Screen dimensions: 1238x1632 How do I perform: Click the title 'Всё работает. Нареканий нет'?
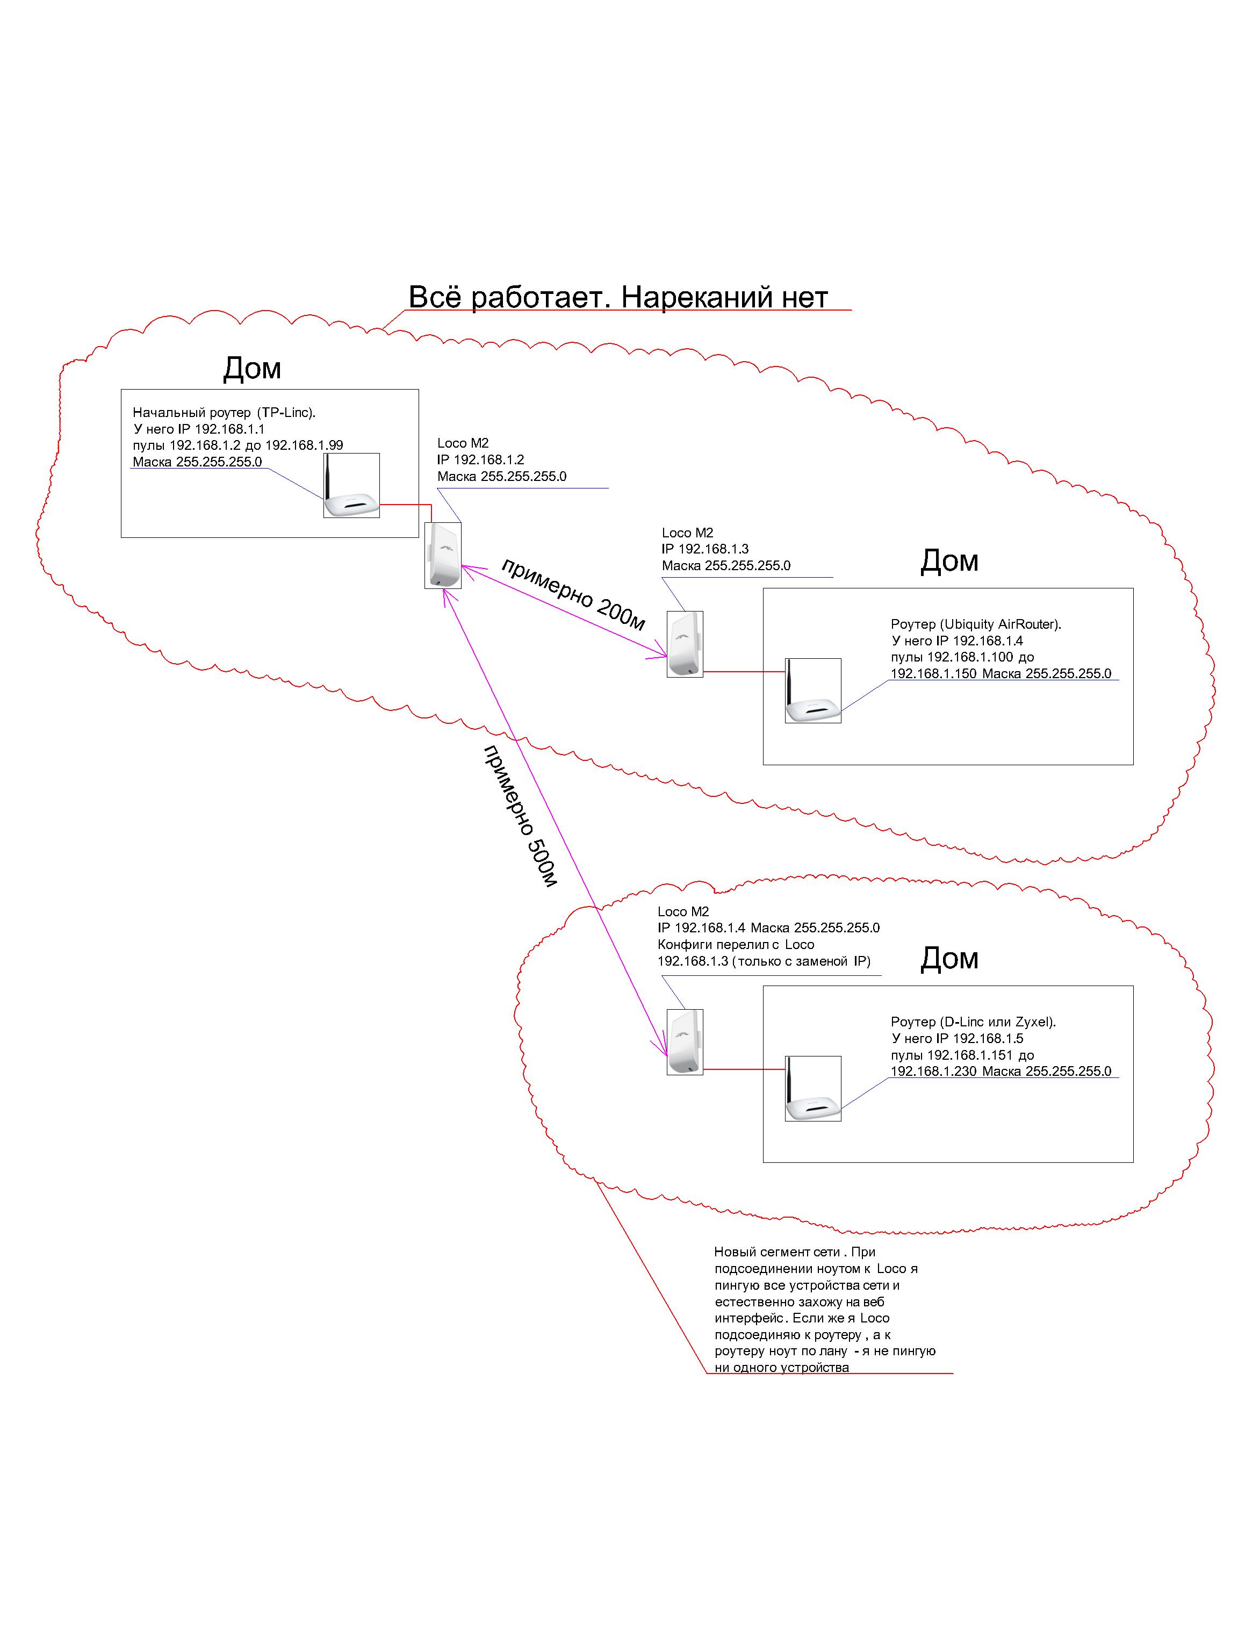618,297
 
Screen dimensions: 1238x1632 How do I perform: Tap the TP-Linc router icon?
351,485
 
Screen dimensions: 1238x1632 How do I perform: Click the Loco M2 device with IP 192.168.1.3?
685,644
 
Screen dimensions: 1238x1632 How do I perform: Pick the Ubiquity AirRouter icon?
813,691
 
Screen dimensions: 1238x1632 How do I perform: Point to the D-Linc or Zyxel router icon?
813,1088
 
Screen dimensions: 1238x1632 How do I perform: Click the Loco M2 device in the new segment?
685,1042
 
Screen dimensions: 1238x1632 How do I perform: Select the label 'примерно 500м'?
520,816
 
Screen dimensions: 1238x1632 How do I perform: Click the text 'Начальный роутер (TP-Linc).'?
224,412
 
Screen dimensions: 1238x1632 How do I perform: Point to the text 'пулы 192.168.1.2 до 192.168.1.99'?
237,445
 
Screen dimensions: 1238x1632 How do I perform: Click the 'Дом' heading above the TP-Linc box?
253,368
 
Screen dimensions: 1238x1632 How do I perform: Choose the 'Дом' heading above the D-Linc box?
949,958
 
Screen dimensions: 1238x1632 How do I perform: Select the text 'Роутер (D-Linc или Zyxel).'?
974,1022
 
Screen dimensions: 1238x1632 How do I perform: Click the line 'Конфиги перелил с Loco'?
736,944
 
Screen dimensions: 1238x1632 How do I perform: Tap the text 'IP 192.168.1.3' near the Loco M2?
706,549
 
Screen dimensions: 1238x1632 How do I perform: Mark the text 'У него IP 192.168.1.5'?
957,1038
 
